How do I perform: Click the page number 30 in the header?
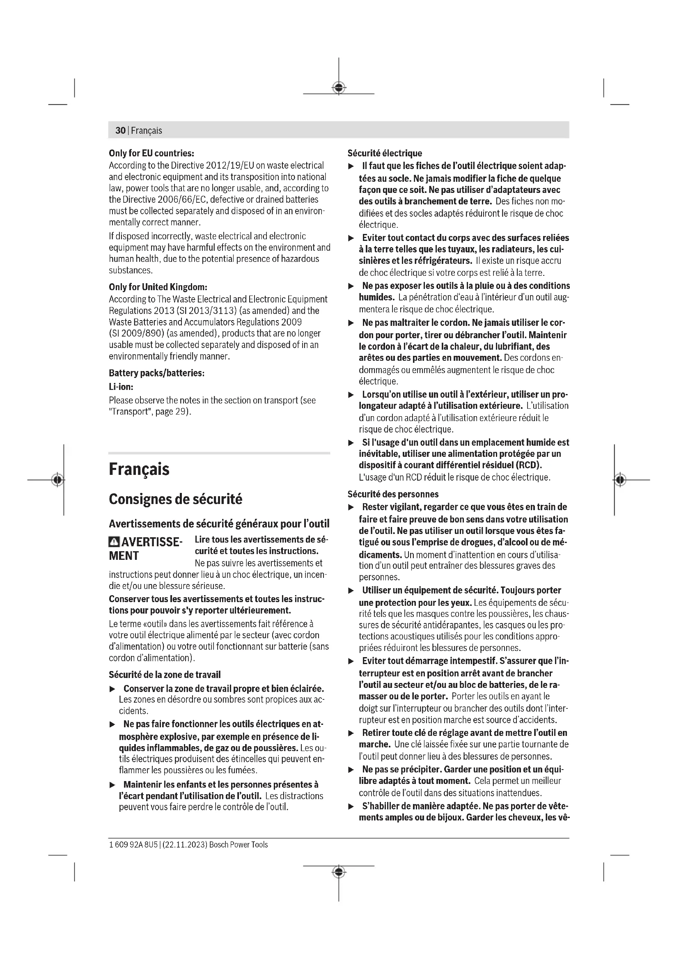[120, 131]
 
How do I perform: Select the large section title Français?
[139, 469]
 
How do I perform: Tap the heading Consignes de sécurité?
[175, 499]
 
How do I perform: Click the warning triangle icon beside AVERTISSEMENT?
[114, 542]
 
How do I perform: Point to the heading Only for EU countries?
[151, 153]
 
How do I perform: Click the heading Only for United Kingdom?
[158, 287]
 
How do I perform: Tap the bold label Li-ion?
[121, 387]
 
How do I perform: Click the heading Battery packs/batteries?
[156, 373]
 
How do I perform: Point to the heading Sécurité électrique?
[385, 153]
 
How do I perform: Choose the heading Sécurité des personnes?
[393, 494]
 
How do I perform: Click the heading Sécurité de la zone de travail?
[164, 674]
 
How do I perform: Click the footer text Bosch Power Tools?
[239, 845]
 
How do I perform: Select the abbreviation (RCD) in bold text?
[528, 465]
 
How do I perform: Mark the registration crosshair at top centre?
[339, 87]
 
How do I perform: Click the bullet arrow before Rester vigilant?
[351, 507]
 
